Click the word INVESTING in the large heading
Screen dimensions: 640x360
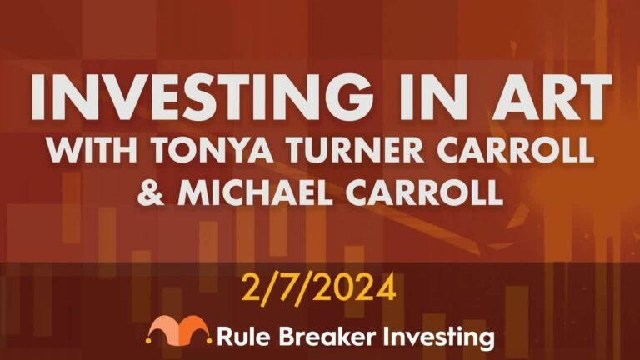(202, 97)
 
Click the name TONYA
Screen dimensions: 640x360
(212, 150)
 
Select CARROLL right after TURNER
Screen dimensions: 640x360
(515, 150)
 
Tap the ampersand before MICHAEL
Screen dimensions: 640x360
(151, 192)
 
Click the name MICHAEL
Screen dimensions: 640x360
(255, 192)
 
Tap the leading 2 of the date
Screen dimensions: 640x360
(252, 287)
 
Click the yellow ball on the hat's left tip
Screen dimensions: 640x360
(148, 340)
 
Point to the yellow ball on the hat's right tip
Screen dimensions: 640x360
(209, 340)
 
